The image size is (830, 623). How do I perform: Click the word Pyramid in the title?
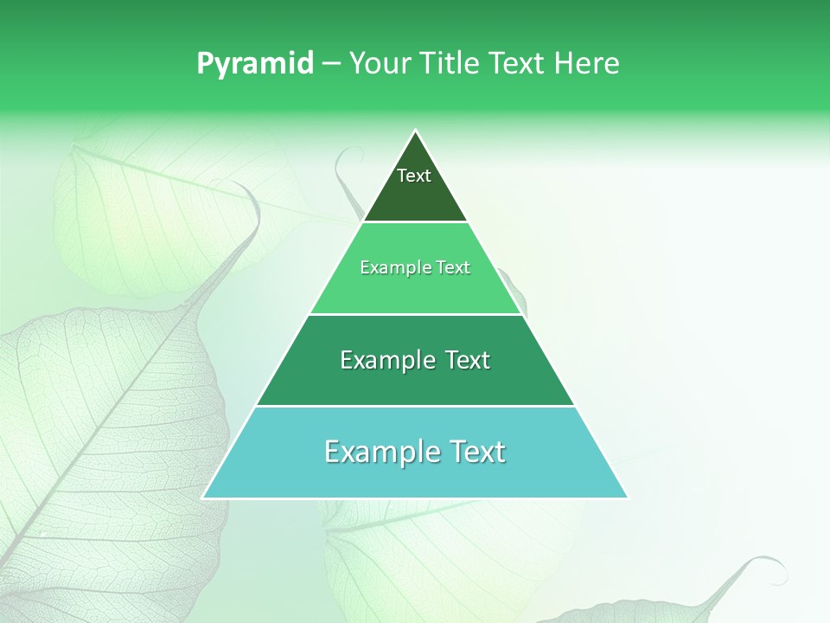255,64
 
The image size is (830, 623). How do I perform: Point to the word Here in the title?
587,64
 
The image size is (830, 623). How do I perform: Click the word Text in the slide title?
517,64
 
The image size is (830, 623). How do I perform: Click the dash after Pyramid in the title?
331,64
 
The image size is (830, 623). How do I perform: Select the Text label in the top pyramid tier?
414,176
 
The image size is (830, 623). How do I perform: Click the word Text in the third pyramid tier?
468,360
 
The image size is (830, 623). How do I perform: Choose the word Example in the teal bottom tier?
379,452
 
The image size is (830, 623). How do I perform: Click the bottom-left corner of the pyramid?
204,498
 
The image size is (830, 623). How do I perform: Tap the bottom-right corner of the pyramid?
627,498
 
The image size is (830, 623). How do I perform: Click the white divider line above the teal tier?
416,406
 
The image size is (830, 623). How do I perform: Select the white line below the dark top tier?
416,222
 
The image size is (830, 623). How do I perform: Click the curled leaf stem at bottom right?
761,564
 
